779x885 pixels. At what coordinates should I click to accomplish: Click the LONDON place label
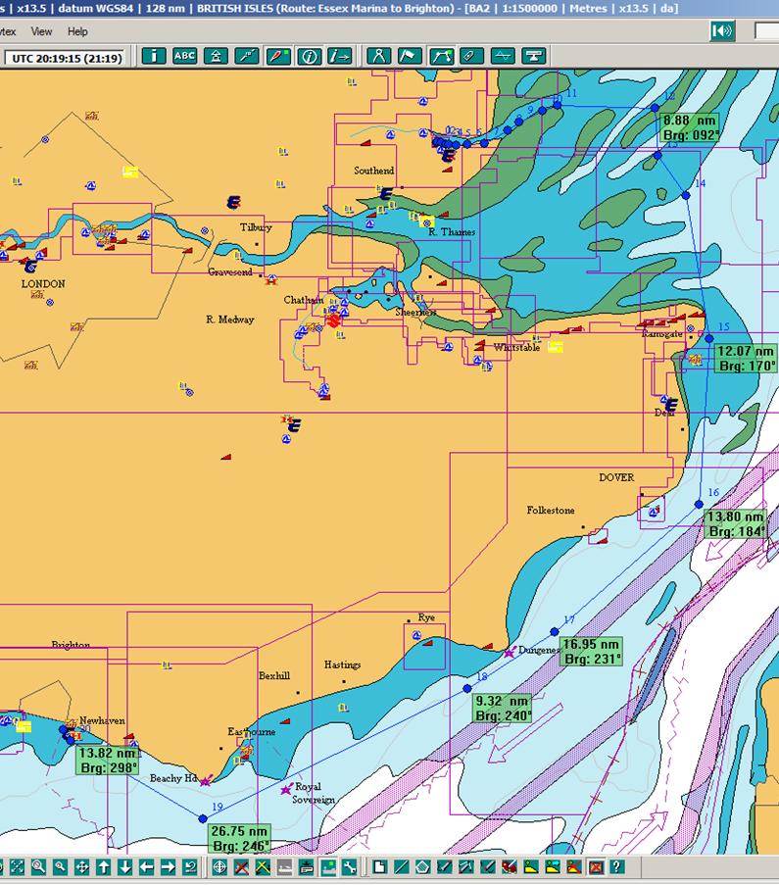(43, 284)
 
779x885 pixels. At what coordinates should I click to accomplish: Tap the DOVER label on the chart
(616, 478)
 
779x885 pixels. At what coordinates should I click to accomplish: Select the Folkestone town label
(551, 511)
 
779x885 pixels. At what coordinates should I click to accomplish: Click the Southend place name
(374, 171)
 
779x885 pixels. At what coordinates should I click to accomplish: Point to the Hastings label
(342, 664)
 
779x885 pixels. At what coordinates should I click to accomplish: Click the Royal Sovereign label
(314, 793)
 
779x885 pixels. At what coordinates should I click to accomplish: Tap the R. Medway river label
(230, 320)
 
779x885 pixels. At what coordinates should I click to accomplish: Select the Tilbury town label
(256, 227)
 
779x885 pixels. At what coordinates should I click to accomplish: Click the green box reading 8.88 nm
(691, 128)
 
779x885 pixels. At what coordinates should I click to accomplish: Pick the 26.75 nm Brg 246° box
(239, 838)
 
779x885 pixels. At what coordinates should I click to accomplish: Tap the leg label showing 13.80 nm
(736, 523)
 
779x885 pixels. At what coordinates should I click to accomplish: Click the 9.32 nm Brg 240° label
(502, 709)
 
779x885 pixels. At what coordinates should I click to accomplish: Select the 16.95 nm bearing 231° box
(591, 652)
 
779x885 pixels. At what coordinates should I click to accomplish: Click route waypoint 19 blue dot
(203, 818)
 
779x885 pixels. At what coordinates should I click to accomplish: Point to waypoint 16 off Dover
(699, 505)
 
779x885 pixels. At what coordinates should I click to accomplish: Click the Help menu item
(77, 31)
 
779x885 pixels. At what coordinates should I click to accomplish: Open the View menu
(41, 31)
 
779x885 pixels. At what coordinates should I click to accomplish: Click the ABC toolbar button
(184, 56)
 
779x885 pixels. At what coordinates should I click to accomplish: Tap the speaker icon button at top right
(723, 31)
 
